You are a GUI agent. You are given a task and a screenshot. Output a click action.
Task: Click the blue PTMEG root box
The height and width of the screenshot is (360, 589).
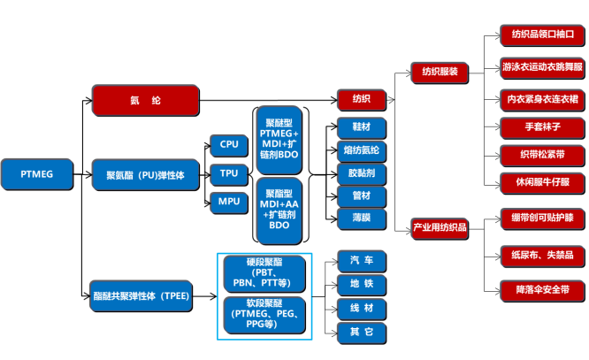[x=36, y=174]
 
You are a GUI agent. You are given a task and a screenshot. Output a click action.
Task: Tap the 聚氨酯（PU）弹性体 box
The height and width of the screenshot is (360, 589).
[x=146, y=174]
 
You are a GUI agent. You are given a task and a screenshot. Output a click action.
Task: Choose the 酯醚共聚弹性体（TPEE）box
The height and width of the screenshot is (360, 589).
[x=146, y=295]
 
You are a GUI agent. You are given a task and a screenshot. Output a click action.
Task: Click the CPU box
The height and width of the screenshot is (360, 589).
[x=228, y=144]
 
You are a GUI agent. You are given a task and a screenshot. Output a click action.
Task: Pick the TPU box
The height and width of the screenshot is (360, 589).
[x=228, y=173]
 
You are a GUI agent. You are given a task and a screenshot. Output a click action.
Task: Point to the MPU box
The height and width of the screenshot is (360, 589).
[x=228, y=202]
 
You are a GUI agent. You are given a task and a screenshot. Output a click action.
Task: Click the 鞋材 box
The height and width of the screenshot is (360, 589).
[x=361, y=126]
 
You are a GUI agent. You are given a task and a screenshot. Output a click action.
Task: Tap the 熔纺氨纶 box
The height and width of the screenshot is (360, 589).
[x=361, y=149]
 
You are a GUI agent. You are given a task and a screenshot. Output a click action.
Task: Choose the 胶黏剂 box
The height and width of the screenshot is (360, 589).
[x=361, y=172]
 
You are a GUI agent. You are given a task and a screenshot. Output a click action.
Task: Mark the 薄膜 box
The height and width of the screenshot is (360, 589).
[x=361, y=217]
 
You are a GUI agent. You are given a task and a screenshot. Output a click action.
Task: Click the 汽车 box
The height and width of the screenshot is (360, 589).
[x=361, y=261]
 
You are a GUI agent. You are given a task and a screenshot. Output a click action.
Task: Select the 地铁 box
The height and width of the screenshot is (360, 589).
[x=361, y=285]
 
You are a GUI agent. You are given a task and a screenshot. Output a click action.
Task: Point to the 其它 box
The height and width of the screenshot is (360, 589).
[x=361, y=333]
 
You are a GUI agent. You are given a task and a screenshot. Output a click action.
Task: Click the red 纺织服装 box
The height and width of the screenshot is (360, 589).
[x=440, y=72]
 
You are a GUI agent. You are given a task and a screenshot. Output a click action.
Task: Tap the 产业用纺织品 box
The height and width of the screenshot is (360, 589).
[x=440, y=228]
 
